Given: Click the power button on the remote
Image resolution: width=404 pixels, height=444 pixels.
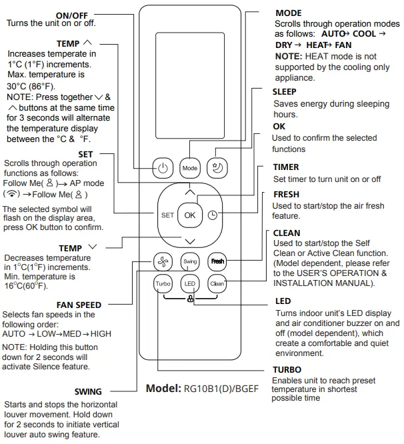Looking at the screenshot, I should [x=164, y=168].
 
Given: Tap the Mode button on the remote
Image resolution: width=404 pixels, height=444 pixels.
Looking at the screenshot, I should [x=190, y=168].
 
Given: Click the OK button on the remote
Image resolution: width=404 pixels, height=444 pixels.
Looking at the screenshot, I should [x=190, y=215].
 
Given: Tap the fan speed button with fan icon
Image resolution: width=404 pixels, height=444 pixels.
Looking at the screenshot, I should [x=164, y=261].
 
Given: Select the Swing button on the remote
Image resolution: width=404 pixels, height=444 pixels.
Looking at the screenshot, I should [x=190, y=261].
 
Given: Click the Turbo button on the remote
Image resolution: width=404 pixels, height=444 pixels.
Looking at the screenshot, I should [x=164, y=283].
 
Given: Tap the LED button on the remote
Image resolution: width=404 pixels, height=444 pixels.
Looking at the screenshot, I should [x=190, y=283].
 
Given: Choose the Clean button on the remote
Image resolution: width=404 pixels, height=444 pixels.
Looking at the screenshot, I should [x=217, y=283].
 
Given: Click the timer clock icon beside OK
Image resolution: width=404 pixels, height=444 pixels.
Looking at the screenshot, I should [x=212, y=215].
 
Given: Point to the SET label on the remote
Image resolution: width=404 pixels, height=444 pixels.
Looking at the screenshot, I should [x=167, y=215].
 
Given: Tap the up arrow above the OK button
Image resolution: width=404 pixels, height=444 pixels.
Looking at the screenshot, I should [x=190, y=191].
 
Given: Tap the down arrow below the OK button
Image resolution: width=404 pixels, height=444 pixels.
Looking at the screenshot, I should [x=190, y=240].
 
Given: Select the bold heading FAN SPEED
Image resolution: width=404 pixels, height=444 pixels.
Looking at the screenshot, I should [x=79, y=305].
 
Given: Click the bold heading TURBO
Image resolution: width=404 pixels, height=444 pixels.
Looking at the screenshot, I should [x=287, y=369].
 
